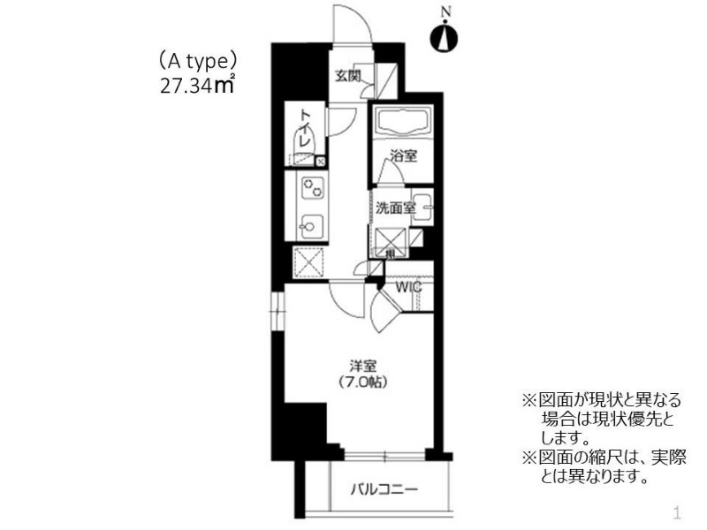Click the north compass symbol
click(444, 38)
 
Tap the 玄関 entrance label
click(348, 76)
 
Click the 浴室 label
click(404, 156)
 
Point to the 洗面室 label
click(395, 208)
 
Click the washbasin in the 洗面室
click(422, 208)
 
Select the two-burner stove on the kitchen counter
click(313, 188)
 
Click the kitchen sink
click(311, 226)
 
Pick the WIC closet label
click(408, 286)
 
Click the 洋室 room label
click(362, 365)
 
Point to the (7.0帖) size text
click(363, 382)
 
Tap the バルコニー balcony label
click(384, 489)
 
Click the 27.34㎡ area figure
click(197, 85)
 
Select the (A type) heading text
click(197, 61)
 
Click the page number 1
click(676, 513)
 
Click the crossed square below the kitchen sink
click(308, 262)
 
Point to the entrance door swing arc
click(352, 24)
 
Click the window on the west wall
click(277, 311)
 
